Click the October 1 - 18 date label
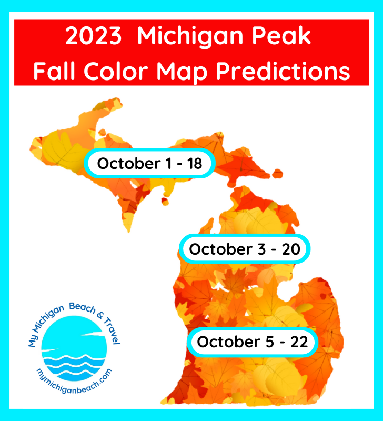tap(149, 163)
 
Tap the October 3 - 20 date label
tap(245, 249)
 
